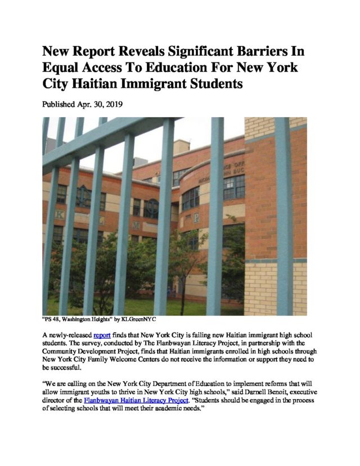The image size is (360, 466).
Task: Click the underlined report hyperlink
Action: (102, 334)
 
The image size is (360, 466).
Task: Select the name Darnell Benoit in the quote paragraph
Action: (253, 391)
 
